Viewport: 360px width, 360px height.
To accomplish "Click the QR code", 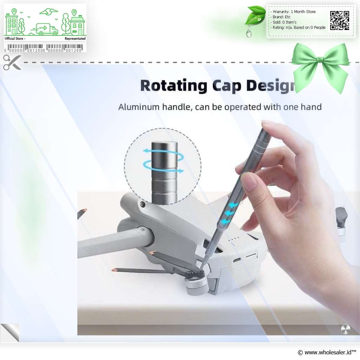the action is click(x=340, y=20).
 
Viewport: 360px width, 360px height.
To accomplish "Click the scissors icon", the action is click(x=12, y=62).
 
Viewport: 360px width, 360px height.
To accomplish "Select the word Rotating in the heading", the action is click(x=174, y=86).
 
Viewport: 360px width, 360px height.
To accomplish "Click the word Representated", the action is click(x=75, y=39).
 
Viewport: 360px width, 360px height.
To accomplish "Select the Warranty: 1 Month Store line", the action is click(x=294, y=12).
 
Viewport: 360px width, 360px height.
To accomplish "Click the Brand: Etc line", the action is click(x=281, y=17).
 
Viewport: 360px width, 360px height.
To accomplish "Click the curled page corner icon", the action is click(x=10, y=333).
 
